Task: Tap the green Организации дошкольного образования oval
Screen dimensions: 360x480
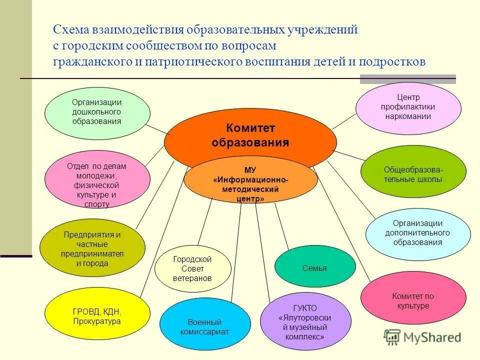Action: pyautogui.click(x=97, y=112)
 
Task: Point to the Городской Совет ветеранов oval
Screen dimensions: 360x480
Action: pyautogui.click(x=192, y=268)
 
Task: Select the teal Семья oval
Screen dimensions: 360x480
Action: pyautogui.click(x=314, y=268)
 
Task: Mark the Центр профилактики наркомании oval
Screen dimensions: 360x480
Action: pyautogui.click(x=408, y=108)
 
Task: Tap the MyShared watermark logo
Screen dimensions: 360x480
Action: pyautogui.click(x=422, y=337)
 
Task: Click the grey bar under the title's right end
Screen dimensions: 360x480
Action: pyautogui.click(x=408, y=79)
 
